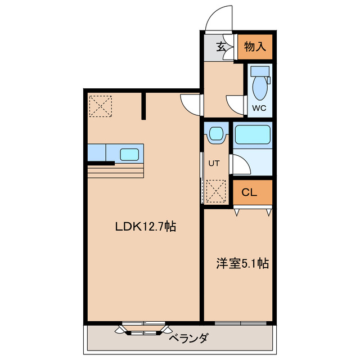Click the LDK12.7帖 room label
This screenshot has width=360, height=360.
tap(146, 227)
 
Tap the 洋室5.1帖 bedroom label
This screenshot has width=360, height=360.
tap(242, 263)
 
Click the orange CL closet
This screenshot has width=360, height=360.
tap(249, 192)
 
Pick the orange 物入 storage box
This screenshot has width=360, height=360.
tap(254, 47)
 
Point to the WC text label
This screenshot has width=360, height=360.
tap(259, 107)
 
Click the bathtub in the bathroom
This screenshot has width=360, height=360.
tap(253, 136)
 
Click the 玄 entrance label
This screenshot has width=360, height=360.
tap(222, 47)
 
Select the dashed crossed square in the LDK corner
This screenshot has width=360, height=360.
tap(101, 106)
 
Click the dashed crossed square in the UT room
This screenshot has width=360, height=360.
tap(216, 191)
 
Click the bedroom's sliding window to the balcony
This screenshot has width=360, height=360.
tap(240, 323)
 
